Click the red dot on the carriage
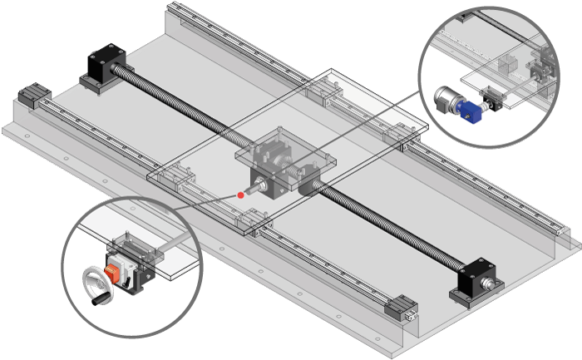241,195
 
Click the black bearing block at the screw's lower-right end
471,280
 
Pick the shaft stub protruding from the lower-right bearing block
494,285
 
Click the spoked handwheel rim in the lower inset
93,279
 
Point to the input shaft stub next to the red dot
253,189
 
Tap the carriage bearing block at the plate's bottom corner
254,220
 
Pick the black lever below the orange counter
128,281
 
